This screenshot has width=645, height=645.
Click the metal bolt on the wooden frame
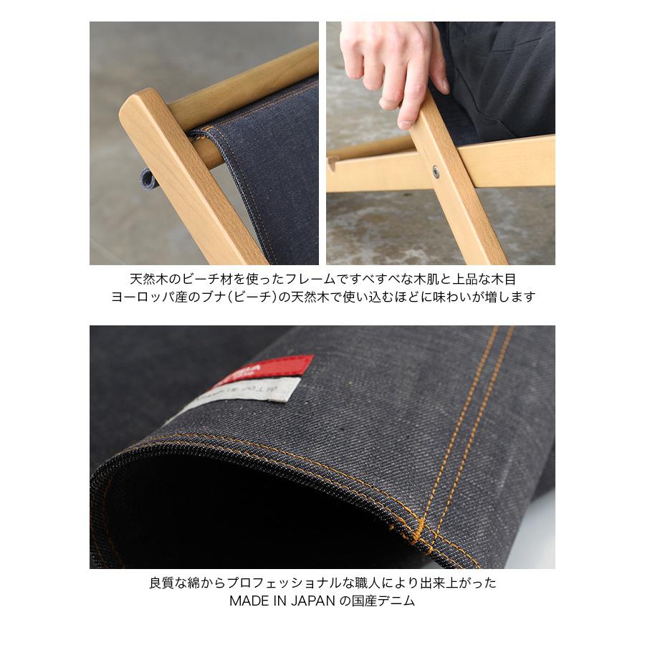coord(436,172)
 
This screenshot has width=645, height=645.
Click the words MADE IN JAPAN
coord(281,601)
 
